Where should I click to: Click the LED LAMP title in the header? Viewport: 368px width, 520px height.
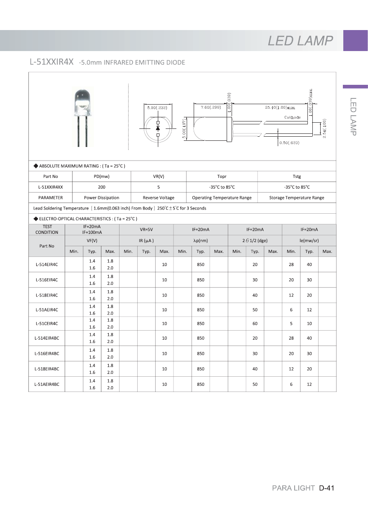[300, 41]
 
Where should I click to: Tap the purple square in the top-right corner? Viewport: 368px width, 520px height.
[355, 40]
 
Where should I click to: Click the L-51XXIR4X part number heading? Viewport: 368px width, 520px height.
[52, 62]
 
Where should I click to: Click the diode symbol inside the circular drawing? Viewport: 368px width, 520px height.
[158, 128]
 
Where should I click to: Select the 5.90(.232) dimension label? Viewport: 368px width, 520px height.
[157, 108]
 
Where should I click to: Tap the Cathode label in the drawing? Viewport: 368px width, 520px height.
[293, 117]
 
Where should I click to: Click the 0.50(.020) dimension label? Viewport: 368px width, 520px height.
[289, 142]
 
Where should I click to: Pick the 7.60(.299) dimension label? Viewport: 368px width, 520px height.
[211, 107]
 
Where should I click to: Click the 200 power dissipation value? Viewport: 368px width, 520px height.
[101, 187]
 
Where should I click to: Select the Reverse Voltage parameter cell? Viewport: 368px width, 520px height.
[158, 198]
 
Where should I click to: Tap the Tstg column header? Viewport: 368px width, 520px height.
[297, 176]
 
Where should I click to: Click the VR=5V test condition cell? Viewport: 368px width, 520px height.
[146, 230]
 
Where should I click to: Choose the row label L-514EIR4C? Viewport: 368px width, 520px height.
[47, 264]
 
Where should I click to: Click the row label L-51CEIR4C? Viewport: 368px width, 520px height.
[47, 324]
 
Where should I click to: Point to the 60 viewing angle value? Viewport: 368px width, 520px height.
[255, 324]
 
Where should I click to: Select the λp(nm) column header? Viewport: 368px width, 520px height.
[200, 240]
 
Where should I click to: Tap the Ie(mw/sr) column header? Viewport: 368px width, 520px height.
[309, 240]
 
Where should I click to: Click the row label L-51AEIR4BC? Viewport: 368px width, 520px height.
[47, 384]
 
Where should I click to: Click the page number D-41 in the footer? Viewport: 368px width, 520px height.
[326, 488]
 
